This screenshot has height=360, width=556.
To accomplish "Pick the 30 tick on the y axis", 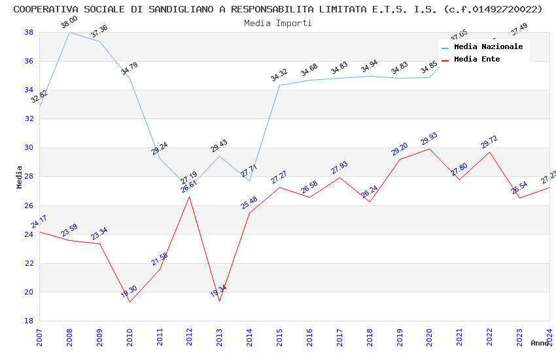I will tap(29, 148).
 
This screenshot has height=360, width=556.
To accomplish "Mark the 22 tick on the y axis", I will tap(29, 263).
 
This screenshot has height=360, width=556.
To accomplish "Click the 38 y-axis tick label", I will tap(29, 32).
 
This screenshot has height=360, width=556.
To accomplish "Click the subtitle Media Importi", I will tap(277, 23).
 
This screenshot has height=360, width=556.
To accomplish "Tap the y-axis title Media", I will tap(20, 177).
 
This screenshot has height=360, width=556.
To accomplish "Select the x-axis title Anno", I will tap(540, 343).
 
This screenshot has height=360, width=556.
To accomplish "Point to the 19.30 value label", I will tap(129, 292).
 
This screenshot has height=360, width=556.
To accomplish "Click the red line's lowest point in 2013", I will tap(220, 301).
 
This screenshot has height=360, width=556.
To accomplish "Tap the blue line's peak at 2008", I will tap(69, 32).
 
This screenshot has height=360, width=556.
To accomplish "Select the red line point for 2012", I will tap(190, 196).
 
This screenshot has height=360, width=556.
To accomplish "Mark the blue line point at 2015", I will tap(279, 85).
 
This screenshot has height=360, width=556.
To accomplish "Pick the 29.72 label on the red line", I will tap(489, 142).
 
